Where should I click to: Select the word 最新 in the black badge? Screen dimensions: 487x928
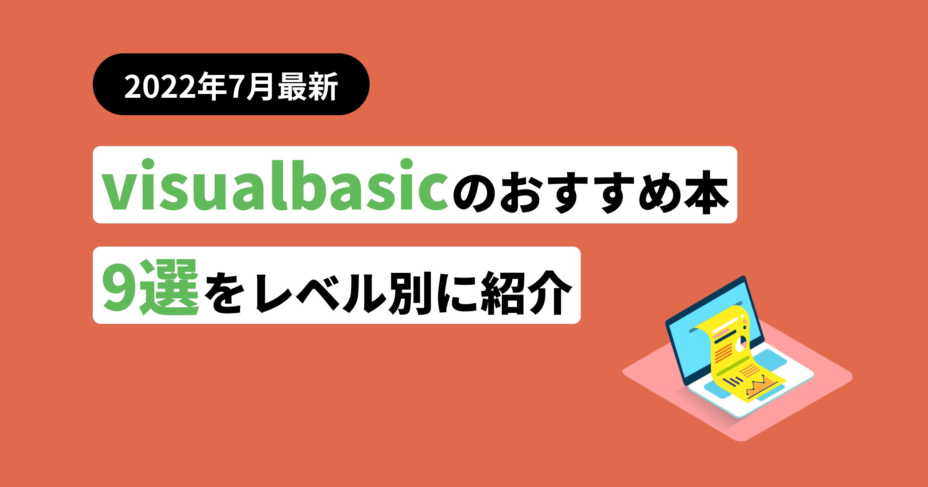point(308,86)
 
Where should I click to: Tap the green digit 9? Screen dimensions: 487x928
point(120,288)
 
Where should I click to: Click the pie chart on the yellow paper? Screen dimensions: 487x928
point(741,344)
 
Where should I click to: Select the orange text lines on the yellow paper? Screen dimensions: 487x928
point(723,353)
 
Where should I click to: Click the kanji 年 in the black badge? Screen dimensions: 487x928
point(212,86)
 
